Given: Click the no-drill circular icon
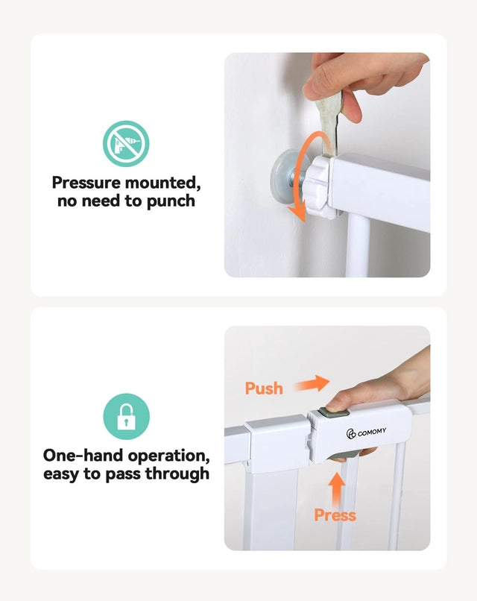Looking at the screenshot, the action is coord(126,143).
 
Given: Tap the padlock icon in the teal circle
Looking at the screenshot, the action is coord(126,417).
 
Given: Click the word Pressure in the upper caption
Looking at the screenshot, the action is coord(86,183).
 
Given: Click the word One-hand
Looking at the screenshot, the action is coord(83,456).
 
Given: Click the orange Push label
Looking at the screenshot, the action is coord(264,388).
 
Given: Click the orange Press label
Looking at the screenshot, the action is coord(335,515).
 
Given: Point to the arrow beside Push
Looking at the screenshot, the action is coord(312,383).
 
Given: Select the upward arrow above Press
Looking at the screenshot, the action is coord(337,489).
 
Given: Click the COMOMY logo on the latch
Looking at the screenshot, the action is coord(366,432).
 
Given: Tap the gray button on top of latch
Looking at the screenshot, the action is coord(333,414).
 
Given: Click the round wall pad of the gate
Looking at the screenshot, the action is coord(284,174).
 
